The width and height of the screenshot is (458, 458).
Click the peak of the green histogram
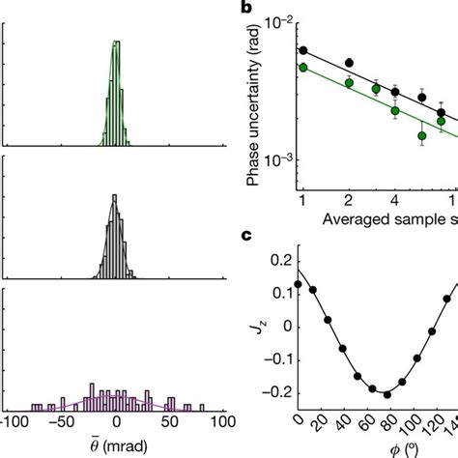(x=117, y=43)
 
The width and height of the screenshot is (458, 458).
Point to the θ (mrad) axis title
(x=116, y=447)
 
